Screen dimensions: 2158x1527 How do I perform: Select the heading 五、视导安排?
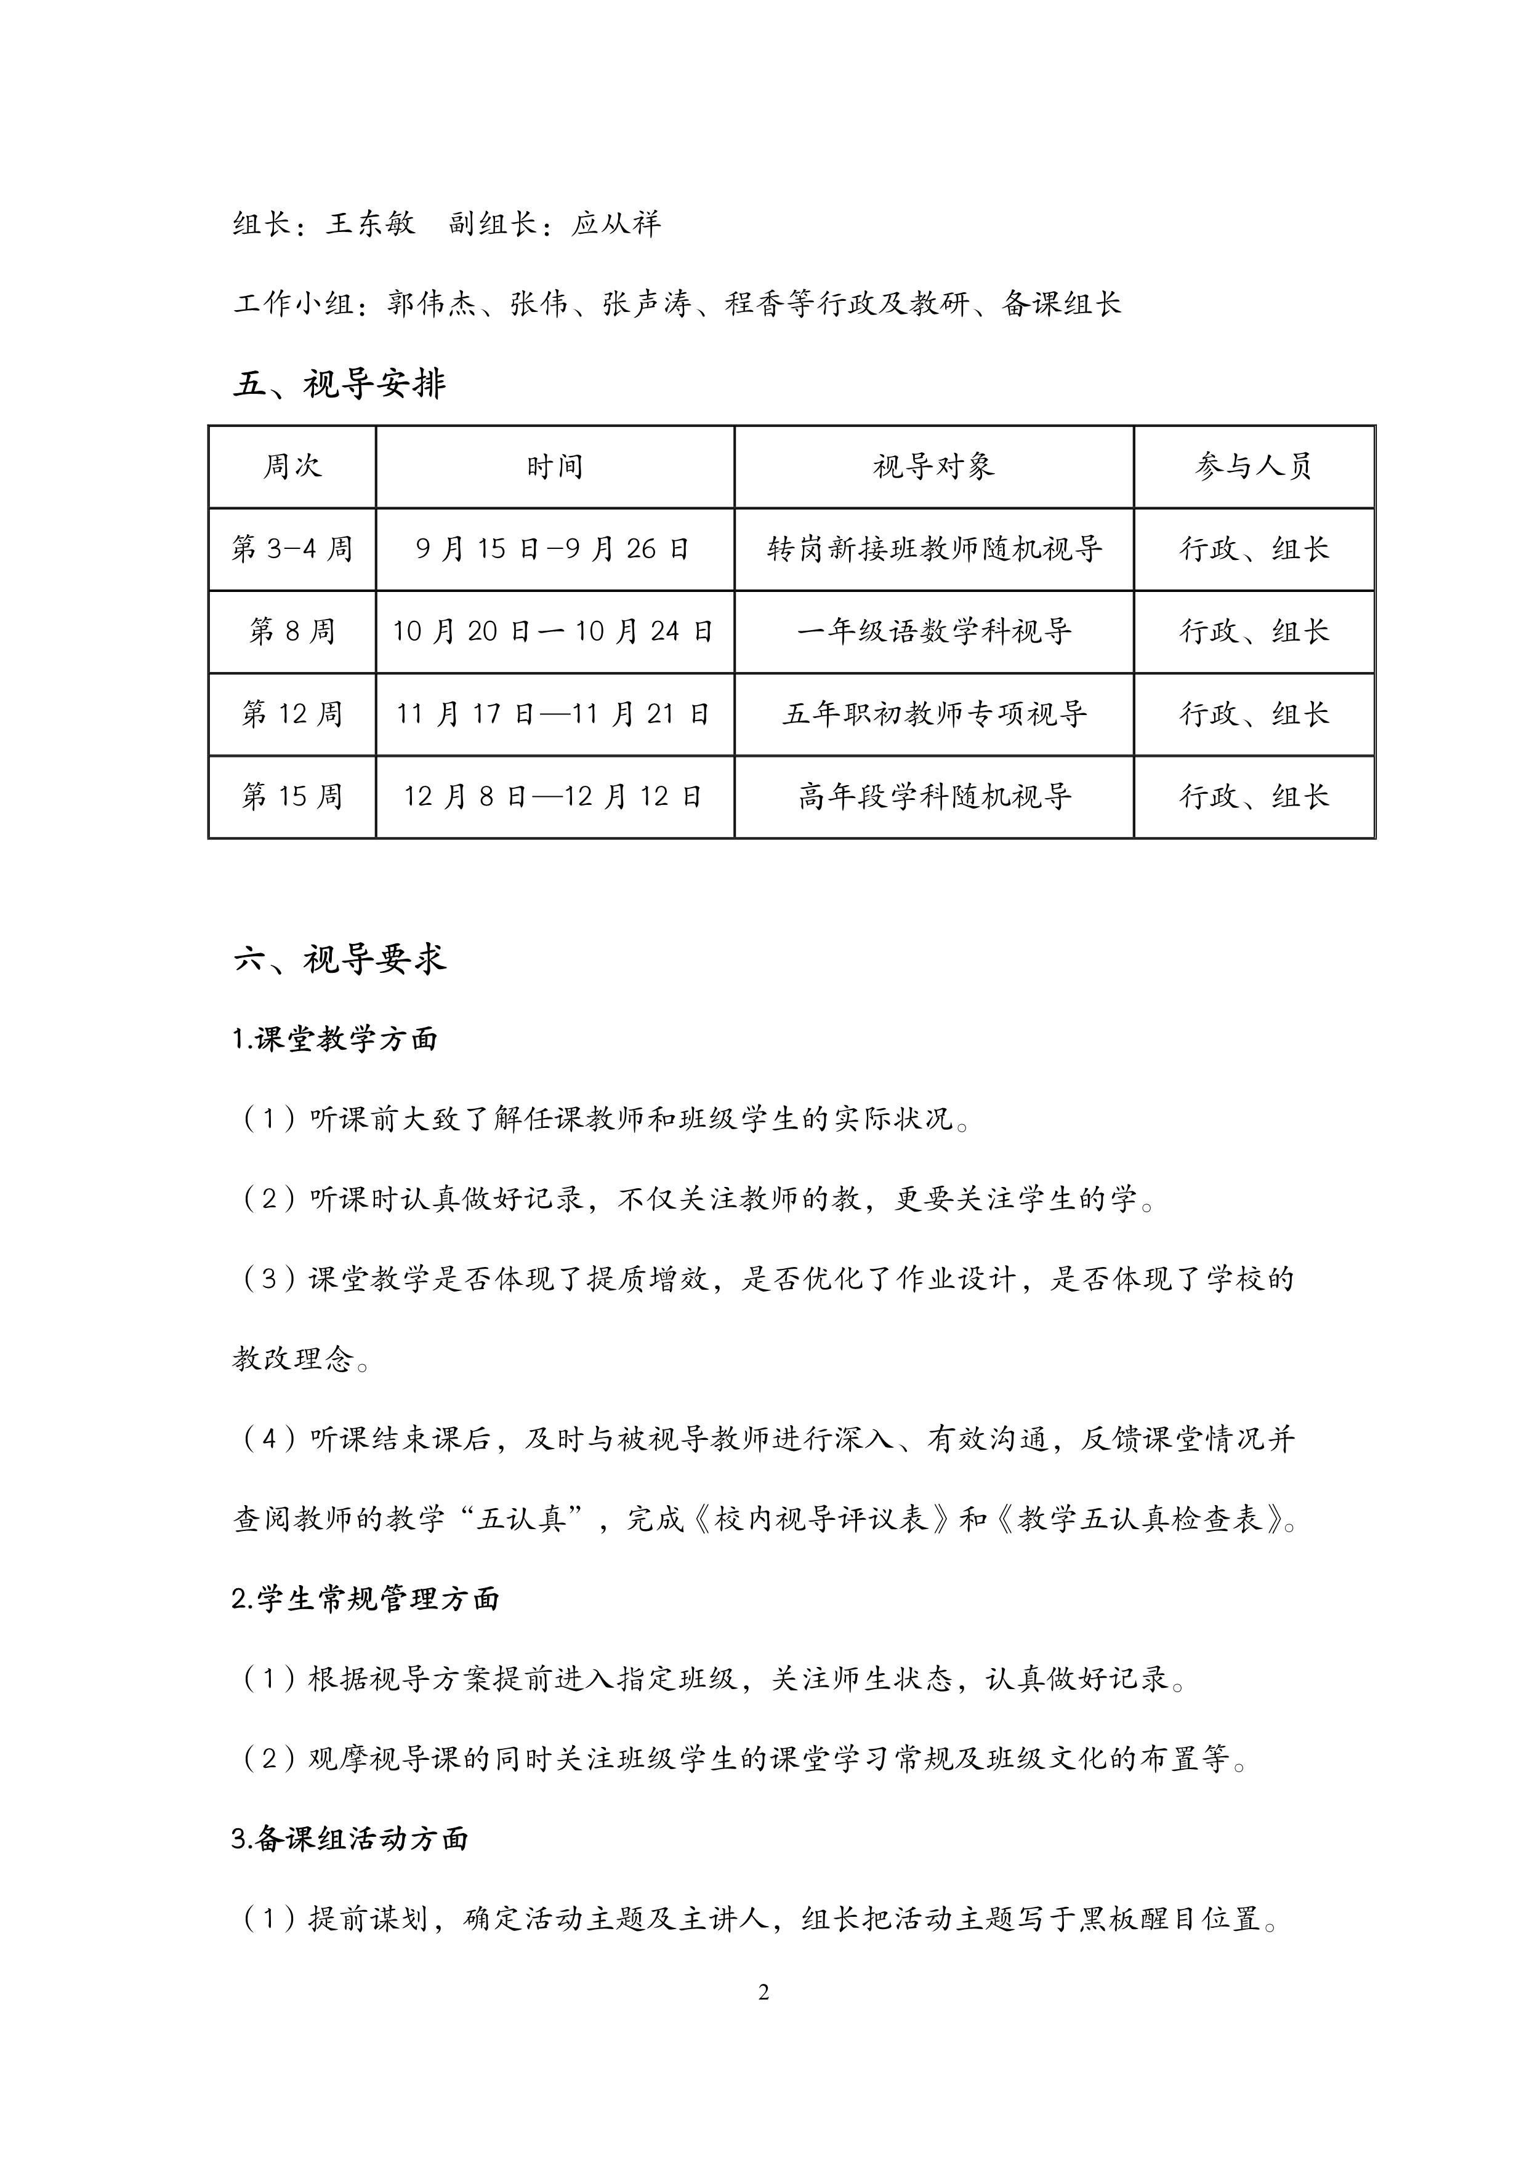[x=339, y=383]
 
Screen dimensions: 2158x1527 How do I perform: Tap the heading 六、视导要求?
[x=339, y=959]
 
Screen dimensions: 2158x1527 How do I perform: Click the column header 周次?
[x=292, y=466]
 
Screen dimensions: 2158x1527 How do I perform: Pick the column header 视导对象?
[x=933, y=466]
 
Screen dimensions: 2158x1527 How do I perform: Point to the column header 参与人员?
[x=1254, y=466]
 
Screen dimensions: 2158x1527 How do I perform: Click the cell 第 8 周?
[x=292, y=631]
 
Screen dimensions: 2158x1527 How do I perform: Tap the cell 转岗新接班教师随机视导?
[x=933, y=549]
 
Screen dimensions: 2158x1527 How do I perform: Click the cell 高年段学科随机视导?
[x=933, y=796]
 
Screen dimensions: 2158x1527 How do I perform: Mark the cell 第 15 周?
[x=292, y=796]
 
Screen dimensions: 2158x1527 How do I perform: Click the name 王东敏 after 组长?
[x=371, y=224]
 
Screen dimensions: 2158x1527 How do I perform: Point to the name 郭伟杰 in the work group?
[x=432, y=303]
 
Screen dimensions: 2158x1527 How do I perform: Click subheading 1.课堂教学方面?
[x=335, y=1039]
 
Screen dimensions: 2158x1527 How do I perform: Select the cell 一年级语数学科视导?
[x=933, y=631]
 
